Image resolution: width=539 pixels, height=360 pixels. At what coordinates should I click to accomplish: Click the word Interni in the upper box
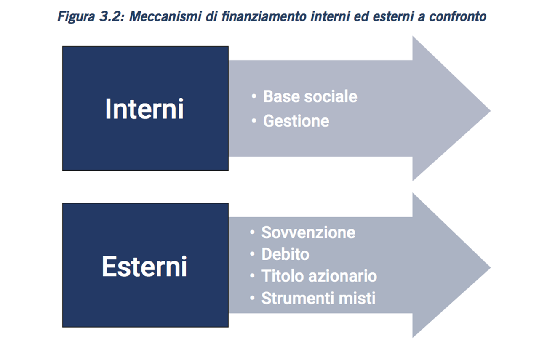144,109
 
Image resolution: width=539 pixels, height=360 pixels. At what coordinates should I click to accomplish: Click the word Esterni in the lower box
144,266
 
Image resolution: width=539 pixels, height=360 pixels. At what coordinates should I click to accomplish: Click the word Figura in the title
76,17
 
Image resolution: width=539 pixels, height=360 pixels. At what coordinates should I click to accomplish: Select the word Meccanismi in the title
165,16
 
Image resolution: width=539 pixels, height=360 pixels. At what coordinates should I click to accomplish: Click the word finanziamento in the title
264,16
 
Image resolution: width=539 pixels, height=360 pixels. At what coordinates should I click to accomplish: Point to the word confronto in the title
458,16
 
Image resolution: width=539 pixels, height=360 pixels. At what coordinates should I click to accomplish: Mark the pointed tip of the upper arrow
490,111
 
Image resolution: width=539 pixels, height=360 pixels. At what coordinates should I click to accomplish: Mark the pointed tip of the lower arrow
490,267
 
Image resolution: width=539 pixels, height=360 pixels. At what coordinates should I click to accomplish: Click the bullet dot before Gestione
253,120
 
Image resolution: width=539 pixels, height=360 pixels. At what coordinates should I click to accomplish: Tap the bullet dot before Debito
252,253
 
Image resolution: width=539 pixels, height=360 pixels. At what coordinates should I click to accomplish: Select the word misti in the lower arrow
357,298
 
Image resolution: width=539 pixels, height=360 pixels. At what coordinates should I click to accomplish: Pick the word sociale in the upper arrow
331,96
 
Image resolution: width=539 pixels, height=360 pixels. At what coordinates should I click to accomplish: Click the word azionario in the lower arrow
343,276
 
